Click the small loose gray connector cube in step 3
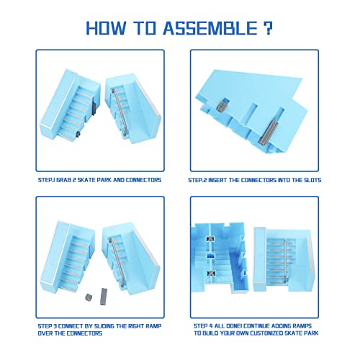(x=89, y=296)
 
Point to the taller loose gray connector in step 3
(x=103, y=292)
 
